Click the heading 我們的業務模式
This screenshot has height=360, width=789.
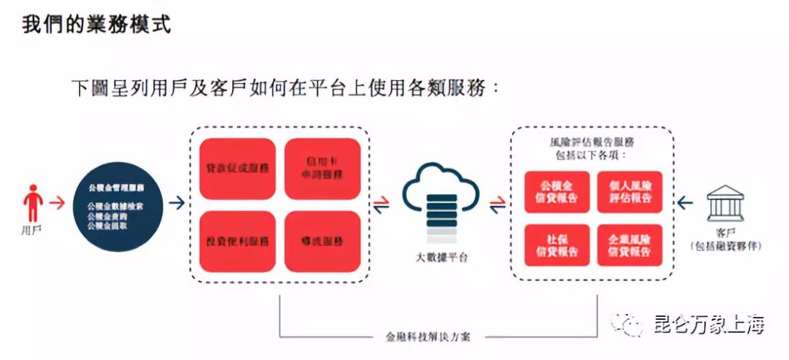[96, 25]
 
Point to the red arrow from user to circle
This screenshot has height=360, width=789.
[58, 203]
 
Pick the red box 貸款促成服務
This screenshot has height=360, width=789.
[237, 169]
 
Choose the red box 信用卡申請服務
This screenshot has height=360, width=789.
[322, 169]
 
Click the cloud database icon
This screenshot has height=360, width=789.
[441, 201]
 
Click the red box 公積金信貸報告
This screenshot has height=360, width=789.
[557, 192]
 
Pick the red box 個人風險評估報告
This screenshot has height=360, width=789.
[630, 192]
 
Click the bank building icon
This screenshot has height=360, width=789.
[725, 203]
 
